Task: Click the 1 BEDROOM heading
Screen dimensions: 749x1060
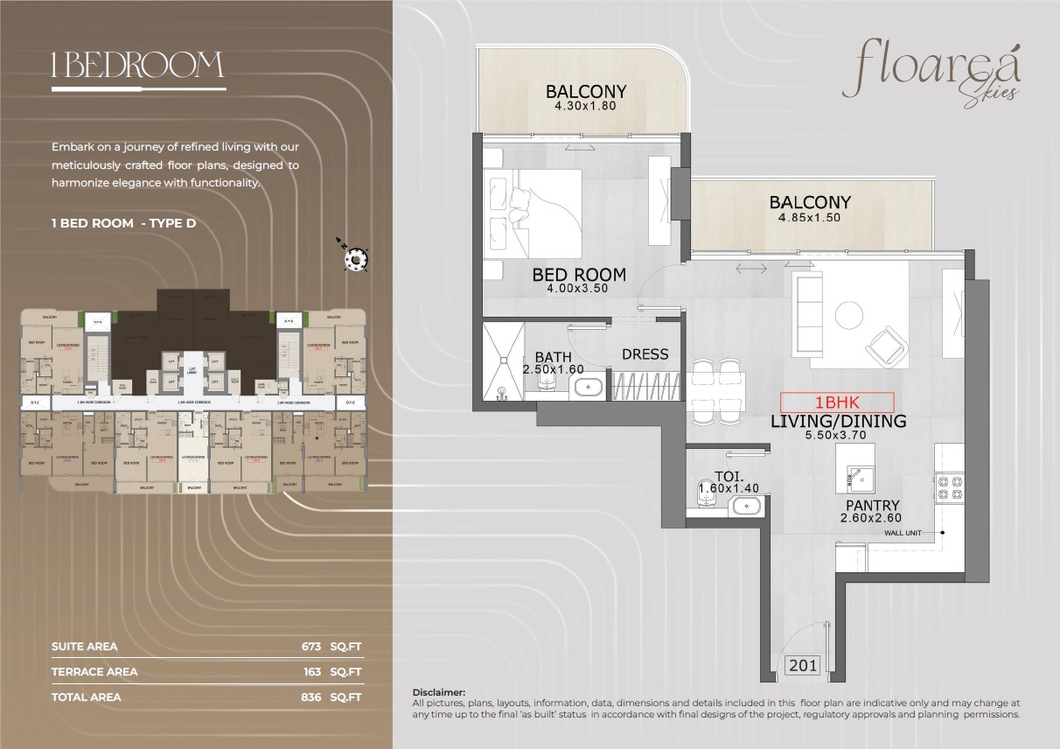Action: [138, 66]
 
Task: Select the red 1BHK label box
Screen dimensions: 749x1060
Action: [837, 402]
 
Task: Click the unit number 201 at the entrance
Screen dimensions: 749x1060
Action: [803, 666]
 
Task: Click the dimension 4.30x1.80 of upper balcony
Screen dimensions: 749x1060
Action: [585, 106]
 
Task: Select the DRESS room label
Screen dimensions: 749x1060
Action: [645, 354]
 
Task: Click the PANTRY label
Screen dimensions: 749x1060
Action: [872, 506]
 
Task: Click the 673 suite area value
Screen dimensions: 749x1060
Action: [311, 647]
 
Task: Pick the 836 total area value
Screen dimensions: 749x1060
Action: [311, 697]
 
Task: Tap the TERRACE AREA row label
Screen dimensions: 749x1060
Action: [94, 672]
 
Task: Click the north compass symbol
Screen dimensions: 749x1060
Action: [356, 258]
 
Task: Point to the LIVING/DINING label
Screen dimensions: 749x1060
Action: [838, 422]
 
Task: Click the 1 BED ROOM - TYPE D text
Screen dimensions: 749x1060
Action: [123, 223]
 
